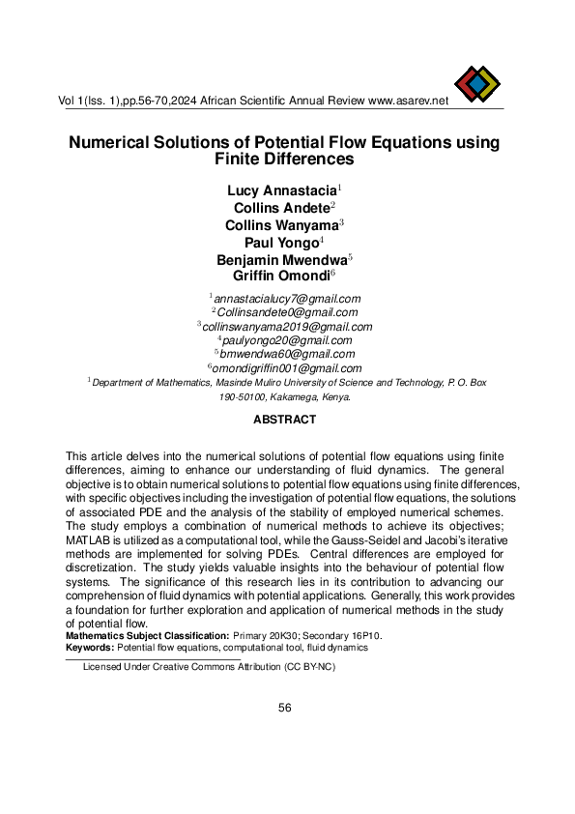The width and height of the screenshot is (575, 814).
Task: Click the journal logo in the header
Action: [477, 85]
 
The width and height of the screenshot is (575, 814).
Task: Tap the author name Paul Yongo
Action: [283, 243]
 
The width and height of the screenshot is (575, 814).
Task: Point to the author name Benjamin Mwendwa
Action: [283, 260]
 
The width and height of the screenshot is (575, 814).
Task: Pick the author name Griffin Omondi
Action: [284, 277]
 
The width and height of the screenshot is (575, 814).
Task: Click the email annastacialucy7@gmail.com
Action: [287, 299]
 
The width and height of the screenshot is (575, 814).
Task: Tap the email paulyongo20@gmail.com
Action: [287, 340]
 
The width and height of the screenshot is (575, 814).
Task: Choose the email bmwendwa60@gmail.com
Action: [287, 354]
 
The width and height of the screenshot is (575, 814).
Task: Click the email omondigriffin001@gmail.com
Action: [287, 368]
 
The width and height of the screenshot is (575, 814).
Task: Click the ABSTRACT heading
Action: [284, 420]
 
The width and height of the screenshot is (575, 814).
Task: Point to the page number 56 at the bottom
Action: [285, 708]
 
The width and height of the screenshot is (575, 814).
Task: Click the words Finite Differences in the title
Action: [284, 159]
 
